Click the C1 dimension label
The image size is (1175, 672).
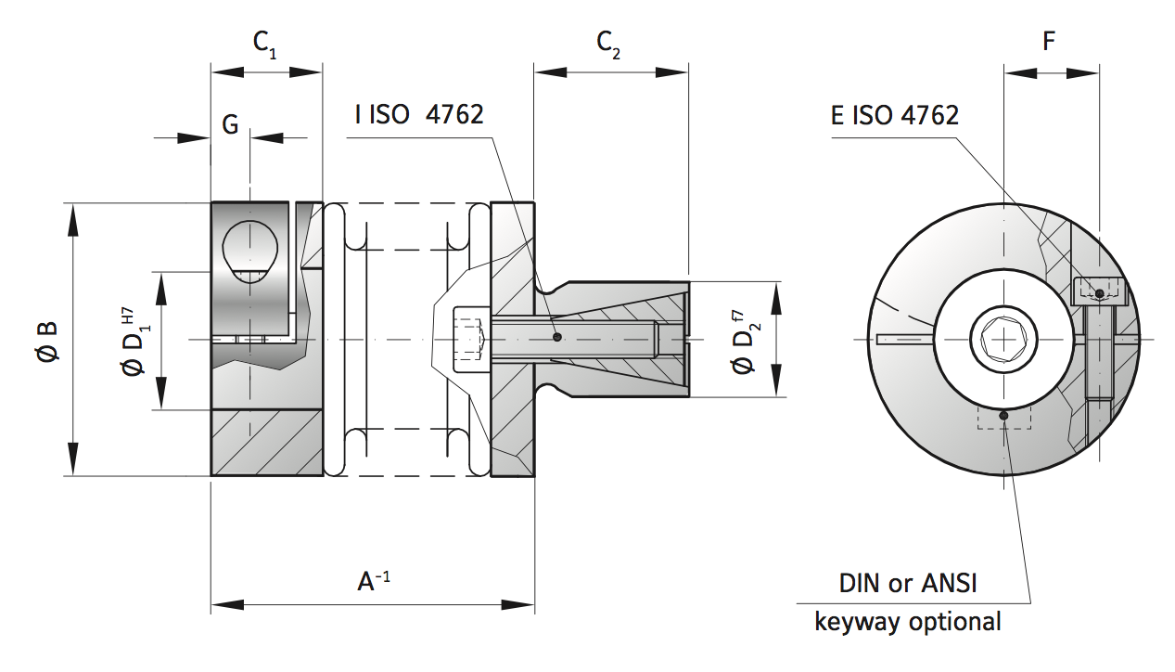[x=264, y=44]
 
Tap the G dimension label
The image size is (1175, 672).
[x=231, y=123]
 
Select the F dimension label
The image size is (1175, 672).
[x=1049, y=42]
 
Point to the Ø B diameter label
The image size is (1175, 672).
[x=46, y=341]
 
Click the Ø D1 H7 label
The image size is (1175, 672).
[x=132, y=341]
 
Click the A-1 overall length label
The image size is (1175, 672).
[x=374, y=581]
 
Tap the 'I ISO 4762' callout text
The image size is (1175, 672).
[x=419, y=114]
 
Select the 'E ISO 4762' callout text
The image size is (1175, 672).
[x=894, y=114]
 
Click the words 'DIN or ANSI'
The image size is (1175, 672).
[x=908, y=583]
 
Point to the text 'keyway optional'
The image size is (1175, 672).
[x=908, y=621]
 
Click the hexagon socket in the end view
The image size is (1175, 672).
[x=1004, y=339]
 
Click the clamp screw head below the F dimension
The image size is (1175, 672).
[x=1099, y=291]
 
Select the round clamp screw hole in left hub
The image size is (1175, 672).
[x=250, y=249]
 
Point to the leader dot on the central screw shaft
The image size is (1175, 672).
[x=556, y=338]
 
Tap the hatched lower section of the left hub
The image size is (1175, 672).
[x=267, y=443]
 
